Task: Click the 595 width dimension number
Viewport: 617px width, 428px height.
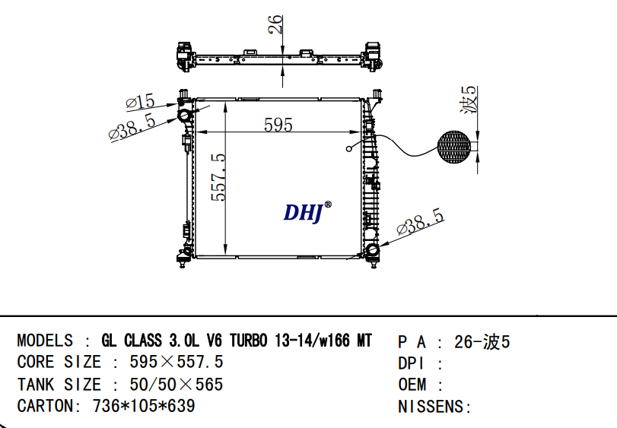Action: pyautogui.click(x=278, y=125)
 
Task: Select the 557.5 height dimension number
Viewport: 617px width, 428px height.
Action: pyautogui.click(x=219, y=177)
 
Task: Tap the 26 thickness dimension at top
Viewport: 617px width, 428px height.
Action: pyautogui.click(x=275, y=24)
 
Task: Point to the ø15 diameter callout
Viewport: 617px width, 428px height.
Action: pyautogui.click(x=141, y=102)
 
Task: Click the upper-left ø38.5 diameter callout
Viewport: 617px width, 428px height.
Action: pyautogui.click(x=132, y=127)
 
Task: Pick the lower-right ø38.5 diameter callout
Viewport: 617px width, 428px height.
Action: pyautogui.click(x=421, y=222)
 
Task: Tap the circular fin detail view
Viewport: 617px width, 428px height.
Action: pyautogui.click(x=454, y=147)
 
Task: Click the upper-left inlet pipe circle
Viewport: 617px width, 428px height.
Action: pyautogui.click(x=184, y=116)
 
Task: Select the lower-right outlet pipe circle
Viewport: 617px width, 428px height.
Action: pyautogui.click(x=372, y=250)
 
